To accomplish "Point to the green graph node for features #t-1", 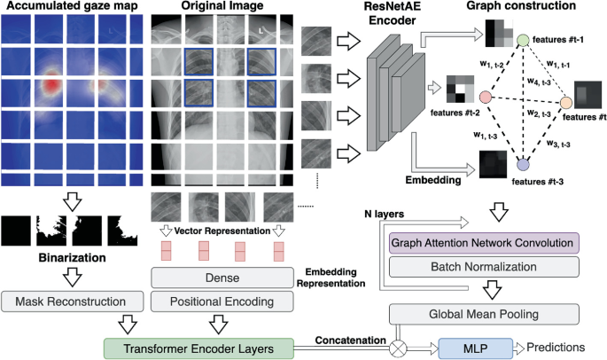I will [x=523, y=41].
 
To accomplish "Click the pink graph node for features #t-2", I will [x=486, y=97].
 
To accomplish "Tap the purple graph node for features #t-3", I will [x=523, y=165].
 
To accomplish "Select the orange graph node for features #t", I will [x=566, y=104].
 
